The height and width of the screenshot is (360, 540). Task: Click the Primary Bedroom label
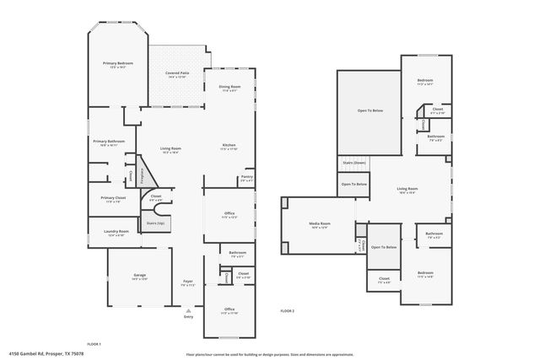(118, 64)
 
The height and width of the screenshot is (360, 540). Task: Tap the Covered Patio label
(176, 73)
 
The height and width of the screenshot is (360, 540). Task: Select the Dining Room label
(229, 87)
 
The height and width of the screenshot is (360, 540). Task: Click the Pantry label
(246, 178)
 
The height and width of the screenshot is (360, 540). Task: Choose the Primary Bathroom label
(109, 142)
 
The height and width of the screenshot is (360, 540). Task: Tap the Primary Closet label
(106, 199)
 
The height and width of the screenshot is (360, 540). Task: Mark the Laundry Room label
(116, 232)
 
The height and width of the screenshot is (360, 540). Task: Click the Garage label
(140, 276)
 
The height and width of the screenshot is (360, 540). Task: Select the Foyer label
(188, 282)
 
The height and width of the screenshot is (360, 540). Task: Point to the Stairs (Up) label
(155, 223)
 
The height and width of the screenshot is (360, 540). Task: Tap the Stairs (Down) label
(354, 162)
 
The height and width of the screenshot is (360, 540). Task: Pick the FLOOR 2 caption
(287, 311)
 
